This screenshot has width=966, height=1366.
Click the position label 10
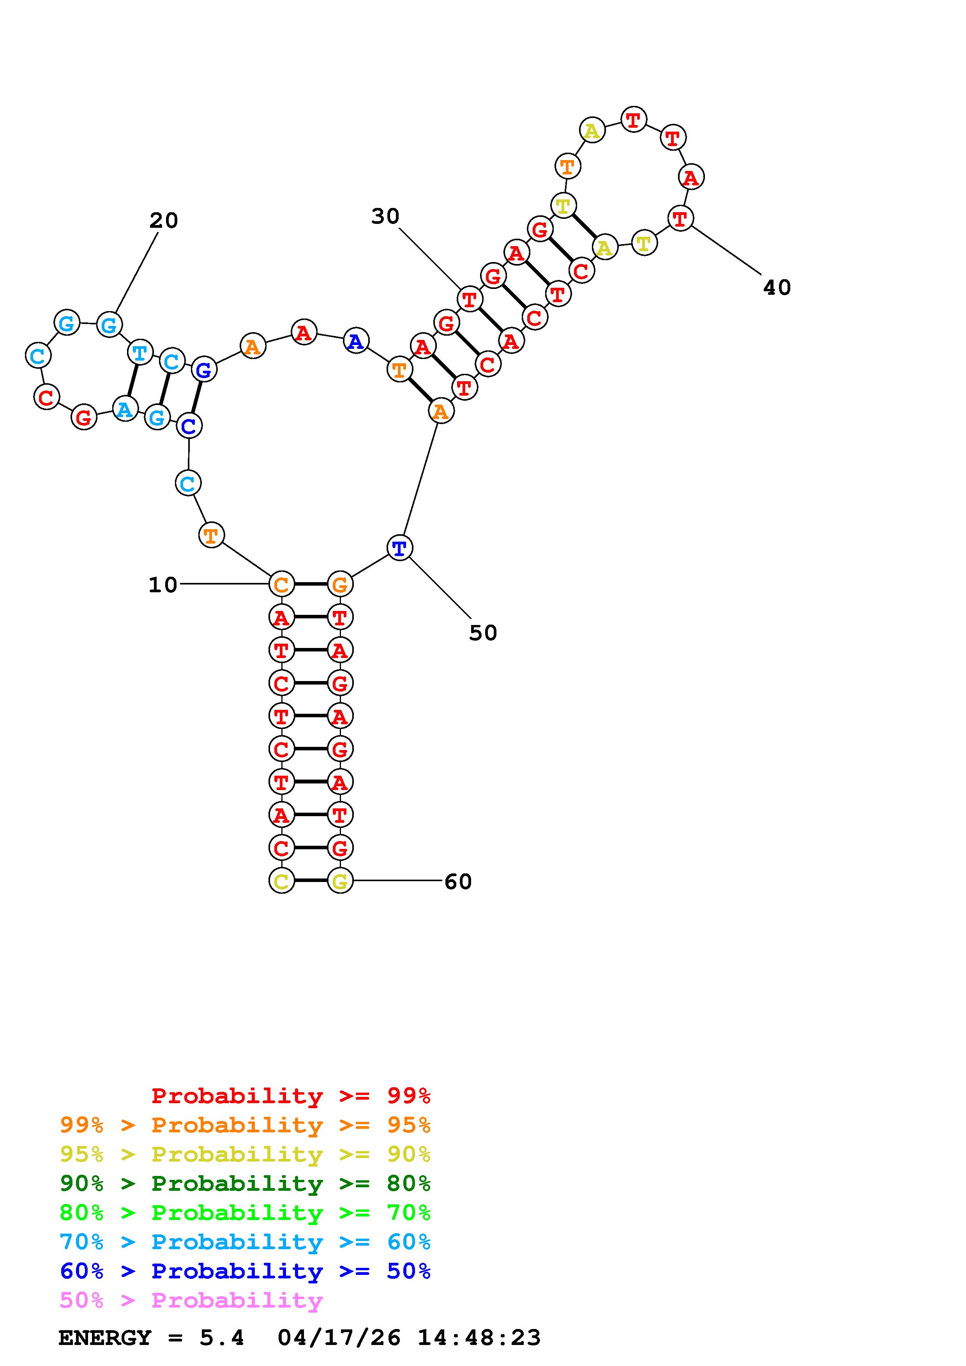(x=162, y=585)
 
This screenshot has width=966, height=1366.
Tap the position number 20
(x=164, y=221)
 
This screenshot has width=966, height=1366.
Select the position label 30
(x=385, y=217)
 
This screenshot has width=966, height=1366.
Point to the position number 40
(x=777, y=288)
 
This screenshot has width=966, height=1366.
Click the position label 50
(x=483, y=633)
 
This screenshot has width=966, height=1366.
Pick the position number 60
(x=458, y=882)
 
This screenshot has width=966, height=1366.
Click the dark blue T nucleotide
(x=399, y=547)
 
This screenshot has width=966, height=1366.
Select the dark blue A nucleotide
(x=356, y=341)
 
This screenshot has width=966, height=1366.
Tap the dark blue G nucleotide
(x=203, y=370)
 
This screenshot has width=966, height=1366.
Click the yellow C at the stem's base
(x=281, y=881)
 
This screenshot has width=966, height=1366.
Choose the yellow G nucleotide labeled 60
(x=340, y=881)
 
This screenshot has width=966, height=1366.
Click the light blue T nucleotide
(x=140, y=352)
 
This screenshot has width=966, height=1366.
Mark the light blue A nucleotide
(x=124, y=409)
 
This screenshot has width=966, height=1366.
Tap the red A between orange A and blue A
(x=304, y=332)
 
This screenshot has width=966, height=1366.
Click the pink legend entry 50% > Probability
(x=191, y=1301)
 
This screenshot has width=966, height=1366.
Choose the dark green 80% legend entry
(x=245, y=1183)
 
